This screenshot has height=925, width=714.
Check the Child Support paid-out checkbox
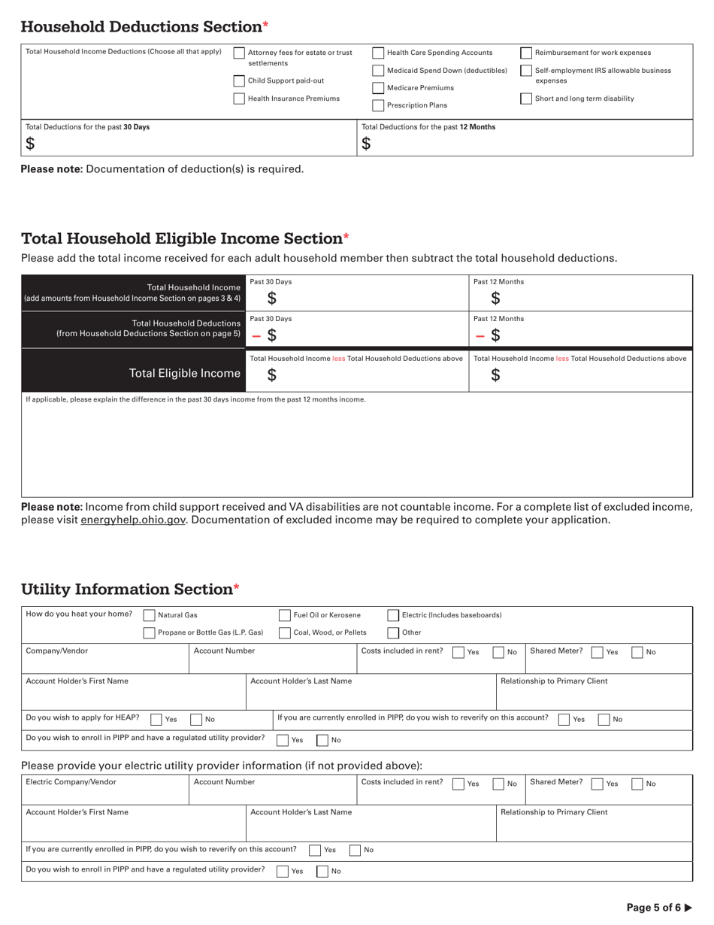[x=239, y=81]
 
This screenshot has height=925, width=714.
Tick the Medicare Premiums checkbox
[x=379, y=88]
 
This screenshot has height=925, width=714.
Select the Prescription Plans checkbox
[x=379, y=106]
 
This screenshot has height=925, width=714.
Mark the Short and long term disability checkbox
[x=526, y=99]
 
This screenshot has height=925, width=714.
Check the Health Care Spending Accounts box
[x=379, y=53]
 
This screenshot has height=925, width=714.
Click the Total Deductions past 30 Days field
[x=188, y=144]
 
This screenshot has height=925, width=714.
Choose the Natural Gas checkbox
[x=149, y=615]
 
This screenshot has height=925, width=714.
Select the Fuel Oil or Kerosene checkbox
[x=285, y=615]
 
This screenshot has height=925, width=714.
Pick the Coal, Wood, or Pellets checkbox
[x=285, y=633]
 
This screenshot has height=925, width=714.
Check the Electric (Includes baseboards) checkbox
[x=393, y=615]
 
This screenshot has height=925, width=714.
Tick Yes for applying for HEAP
[x=156, y=719]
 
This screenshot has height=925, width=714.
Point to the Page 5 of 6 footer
[x=658, y=908]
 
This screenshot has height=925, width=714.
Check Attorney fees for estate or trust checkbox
[x=239, y=53]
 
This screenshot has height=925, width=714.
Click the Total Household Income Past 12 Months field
[x=580, y=299]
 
